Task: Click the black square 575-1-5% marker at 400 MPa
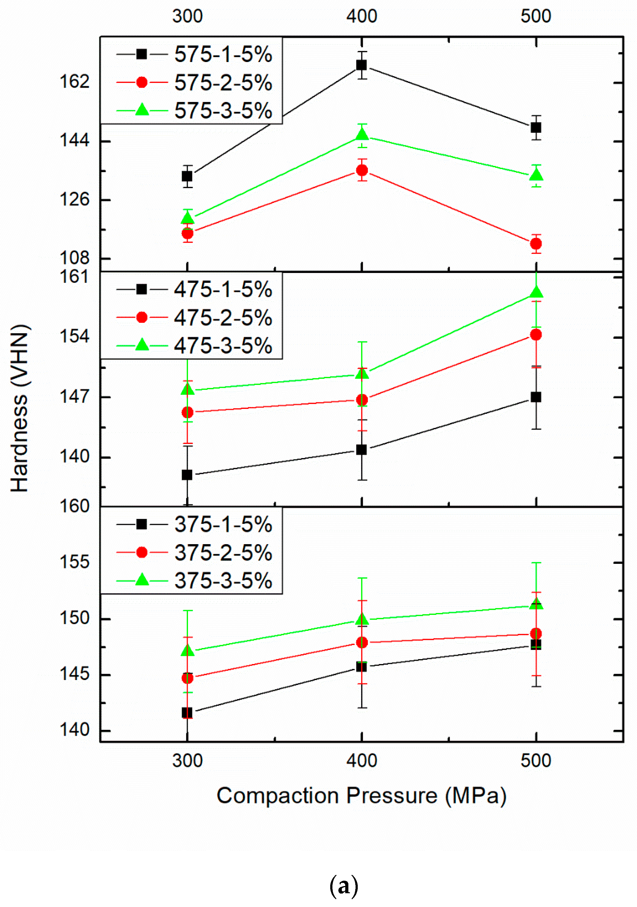click(x=361, y=65)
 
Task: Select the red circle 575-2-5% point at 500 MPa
click(x=536, y=244)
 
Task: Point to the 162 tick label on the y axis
click(x=75, y=82)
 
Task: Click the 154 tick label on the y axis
click(x=75, y=337)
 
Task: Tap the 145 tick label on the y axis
click(x=75, y=674)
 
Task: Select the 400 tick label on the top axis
click(x=361, y=17)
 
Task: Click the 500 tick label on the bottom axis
click(x=536, y=760)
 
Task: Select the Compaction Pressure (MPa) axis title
click(x=361, y=796)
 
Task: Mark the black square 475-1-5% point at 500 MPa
click(x=536, y=397)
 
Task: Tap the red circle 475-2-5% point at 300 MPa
click(x=187, y=412)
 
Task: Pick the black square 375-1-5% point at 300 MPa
click(x=187, y=713)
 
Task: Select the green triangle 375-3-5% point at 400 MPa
click(x=362, y=619)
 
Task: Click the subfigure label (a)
click(x=344, y=886)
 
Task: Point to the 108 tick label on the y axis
click(x=75, y=258)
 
